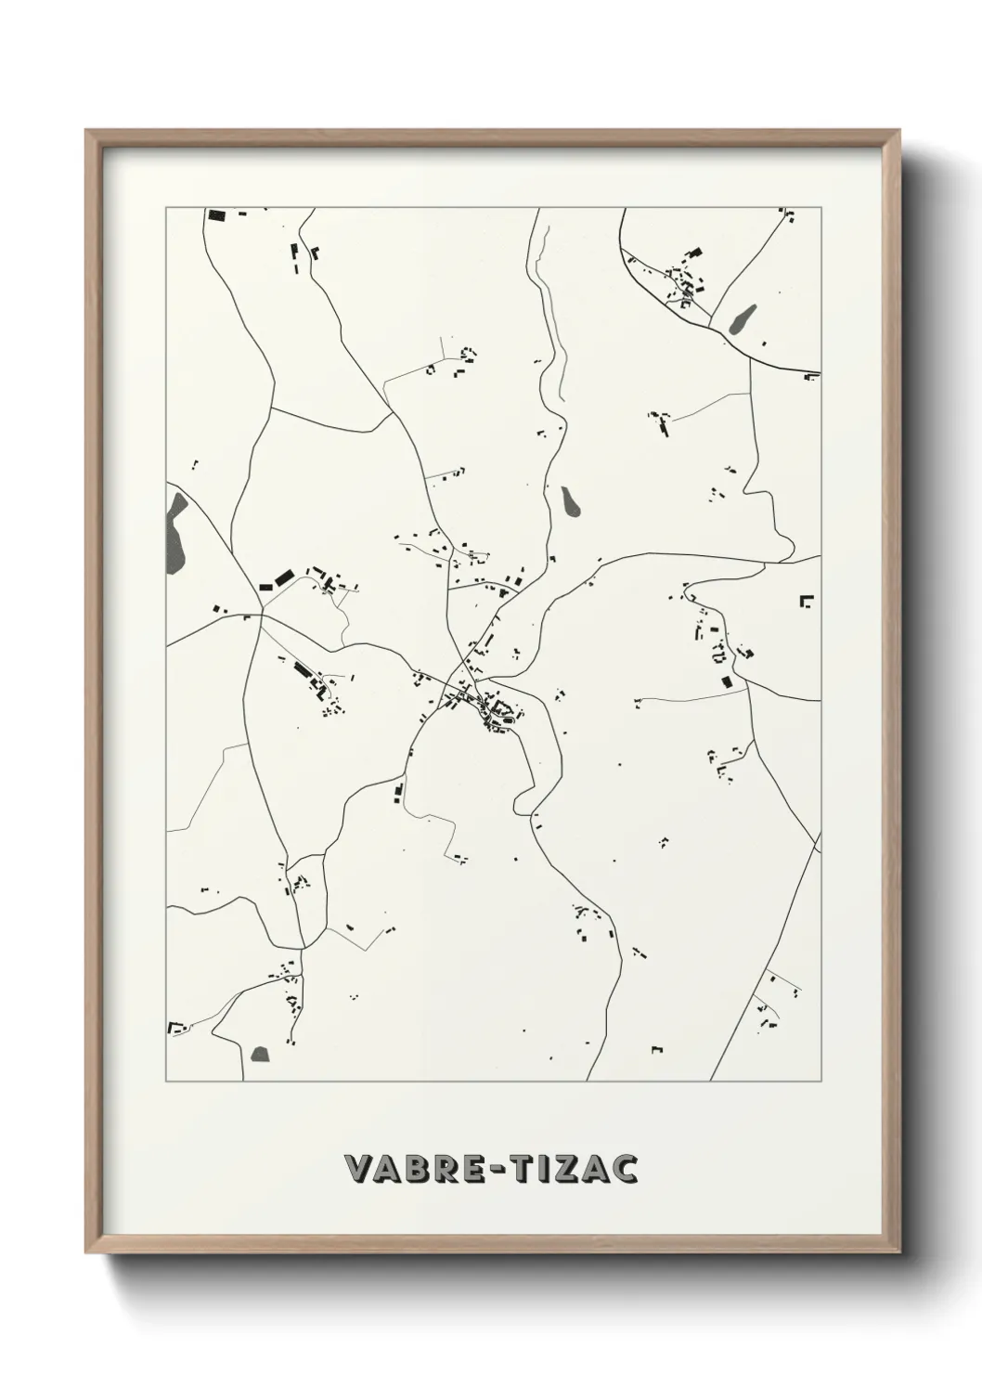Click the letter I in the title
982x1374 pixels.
tap(555, 1169)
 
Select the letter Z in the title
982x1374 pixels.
tap(576, 1169)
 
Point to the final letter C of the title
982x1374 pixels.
tap(627, 1169)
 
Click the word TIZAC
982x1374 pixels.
tap(580, 1169)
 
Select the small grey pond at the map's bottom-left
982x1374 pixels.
tap(259, 1055)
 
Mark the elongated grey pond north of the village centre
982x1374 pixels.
tap(569, 500)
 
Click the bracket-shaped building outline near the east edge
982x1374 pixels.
tap(807, 600)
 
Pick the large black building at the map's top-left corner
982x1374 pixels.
tap(216, 216)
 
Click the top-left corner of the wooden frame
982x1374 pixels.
tap(88, 132)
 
